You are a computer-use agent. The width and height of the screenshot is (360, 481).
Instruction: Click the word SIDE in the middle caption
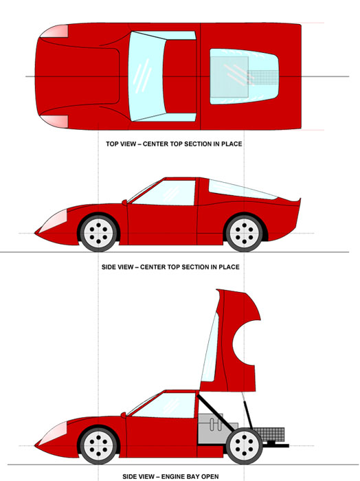109,267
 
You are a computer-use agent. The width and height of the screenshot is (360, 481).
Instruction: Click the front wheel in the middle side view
98,233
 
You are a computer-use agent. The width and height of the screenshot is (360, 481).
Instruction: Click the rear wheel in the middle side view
245,233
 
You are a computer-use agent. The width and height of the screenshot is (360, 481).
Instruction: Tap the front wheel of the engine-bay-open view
98,445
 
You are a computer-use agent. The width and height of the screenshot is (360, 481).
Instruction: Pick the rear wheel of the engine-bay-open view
245,445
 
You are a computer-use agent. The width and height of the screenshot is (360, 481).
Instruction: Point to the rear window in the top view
244,76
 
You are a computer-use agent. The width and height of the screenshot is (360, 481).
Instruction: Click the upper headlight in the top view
55,31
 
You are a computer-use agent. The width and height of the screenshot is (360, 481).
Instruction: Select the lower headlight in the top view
55,122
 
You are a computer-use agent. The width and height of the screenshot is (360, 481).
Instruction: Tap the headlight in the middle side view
54,221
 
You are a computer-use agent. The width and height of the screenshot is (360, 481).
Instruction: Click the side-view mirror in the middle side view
124,202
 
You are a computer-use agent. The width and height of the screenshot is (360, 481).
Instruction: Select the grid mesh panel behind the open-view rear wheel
269,434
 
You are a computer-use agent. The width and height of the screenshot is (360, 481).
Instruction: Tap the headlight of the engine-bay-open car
54,433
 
